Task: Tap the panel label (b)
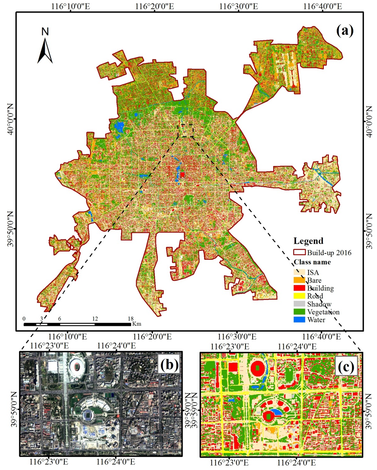[x=169, y=365]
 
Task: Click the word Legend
[x=308, y=241]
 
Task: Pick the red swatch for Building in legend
[x=299, y=288]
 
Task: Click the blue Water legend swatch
[x=299, y=320]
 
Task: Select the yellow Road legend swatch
[x=299, y=296]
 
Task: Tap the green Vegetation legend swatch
[x=299, y=312]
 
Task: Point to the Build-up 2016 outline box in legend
[x=299, y=252]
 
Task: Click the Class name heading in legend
[x=312, y=262]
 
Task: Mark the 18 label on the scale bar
[x=131, y=318]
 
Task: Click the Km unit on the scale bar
[x=137, y=324]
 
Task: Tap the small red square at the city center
[x=182, y=175]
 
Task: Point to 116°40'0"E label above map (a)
[x=322, y=6]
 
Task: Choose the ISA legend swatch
[x=299, y=272]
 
